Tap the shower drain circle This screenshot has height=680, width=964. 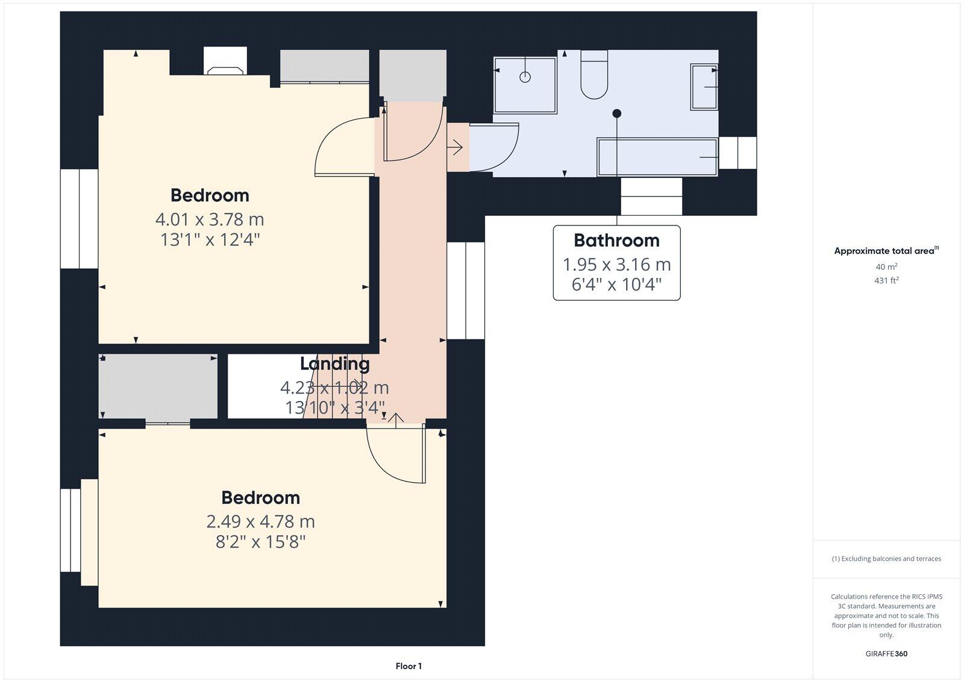click(525, 77)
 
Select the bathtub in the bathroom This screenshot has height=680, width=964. click(657, 157)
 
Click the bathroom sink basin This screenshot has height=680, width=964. click(704, 87)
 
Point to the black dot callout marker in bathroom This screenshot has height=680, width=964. click(616, 113)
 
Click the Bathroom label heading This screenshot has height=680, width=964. click(616, 241)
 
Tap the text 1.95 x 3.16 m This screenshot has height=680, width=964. click(616, 264)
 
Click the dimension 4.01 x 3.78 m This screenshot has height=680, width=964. click(210, 219)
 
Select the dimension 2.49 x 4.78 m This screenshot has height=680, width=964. click(260, 521)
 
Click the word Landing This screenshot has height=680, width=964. click(334, 364)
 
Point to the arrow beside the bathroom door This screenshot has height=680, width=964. click(455, 146)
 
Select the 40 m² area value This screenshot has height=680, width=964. click(886, 266)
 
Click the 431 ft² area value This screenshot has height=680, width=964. click(886, 280)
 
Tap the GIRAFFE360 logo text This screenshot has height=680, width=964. click(886, 653)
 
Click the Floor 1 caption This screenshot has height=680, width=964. click(408, 666)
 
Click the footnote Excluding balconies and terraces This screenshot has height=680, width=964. click(886, 559)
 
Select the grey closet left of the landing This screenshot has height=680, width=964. click(158, 386)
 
